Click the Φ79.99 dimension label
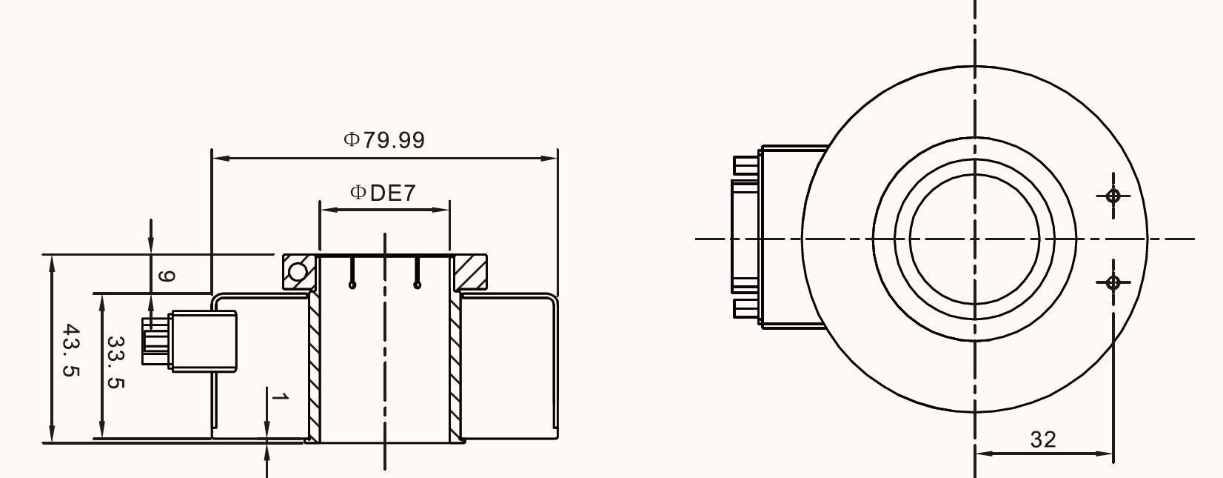(383, 140)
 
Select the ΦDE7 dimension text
(383, 193)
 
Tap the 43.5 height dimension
(72, 351)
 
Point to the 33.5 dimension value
(115, 362)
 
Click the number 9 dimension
(166, 276)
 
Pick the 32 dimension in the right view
(1043, 439)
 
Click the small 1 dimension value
(280, 396)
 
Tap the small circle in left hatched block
(298, 271)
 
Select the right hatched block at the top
(471, 272)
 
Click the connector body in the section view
(204, 342)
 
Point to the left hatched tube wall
(315, 367)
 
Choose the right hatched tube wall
(455, 367)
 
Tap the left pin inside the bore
(352, 272)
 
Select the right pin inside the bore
(418, 272)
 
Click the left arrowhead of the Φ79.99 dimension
(220, 159)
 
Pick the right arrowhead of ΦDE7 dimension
(441, 210)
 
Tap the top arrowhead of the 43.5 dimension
(53, 263)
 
